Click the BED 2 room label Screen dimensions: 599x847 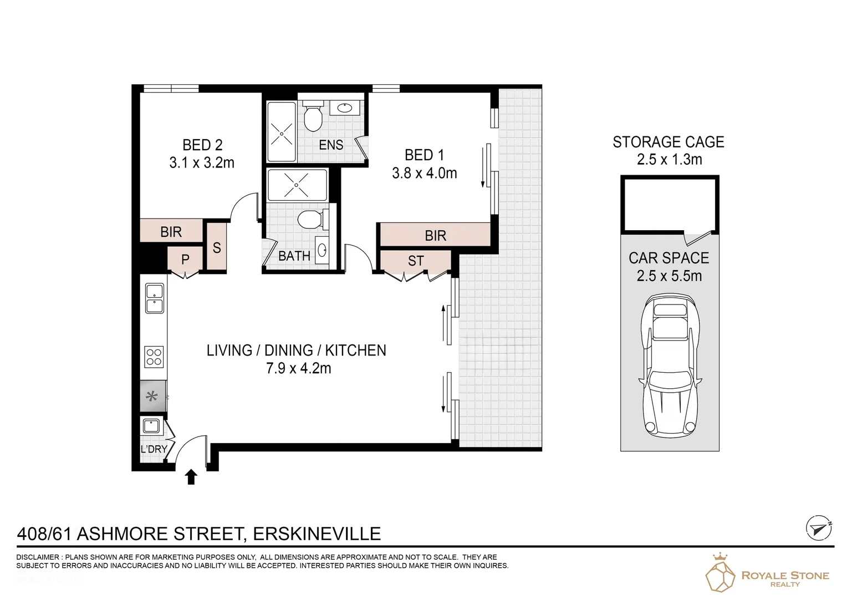[202, 145]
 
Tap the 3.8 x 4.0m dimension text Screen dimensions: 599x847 [424, 173]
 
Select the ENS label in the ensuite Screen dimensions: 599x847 [331, 145]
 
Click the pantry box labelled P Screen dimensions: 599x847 [185, 260]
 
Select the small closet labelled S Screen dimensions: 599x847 [217, 247]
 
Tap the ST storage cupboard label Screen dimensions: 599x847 [416, 261]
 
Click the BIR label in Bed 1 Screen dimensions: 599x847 [435, 236]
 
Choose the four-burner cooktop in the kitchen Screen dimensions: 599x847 [154, 356]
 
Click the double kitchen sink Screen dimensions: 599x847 [154, 298]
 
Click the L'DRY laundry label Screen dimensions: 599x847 [154, 449]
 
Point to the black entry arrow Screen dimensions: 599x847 [191, 476]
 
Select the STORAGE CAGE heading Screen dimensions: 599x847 [668, 142]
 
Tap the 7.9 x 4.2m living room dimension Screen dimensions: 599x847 [298, 368]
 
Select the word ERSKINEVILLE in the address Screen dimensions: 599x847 [317, 534]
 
